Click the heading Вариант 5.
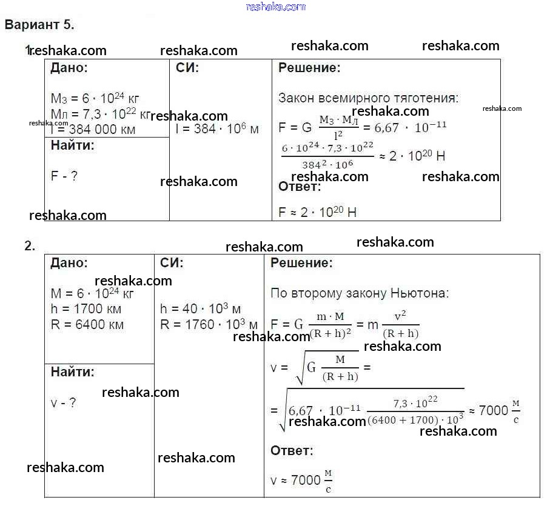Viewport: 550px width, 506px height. pos(39,25)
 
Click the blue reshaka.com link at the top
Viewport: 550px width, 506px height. pos(276,7)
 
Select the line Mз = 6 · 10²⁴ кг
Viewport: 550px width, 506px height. pos(96,99)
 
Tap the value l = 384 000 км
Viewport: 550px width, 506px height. pos(93,129)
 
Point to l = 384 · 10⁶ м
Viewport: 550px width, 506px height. pos(217,129)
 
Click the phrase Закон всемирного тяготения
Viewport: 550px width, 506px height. pos(368,98)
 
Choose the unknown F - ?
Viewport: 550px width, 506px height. pos(64,176)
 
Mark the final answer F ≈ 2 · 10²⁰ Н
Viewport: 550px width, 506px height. pos(317,212)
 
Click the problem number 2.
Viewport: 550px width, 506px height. pos(30,246)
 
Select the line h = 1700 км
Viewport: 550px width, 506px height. pos(86,309)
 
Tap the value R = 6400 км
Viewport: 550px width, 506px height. pos(87,324)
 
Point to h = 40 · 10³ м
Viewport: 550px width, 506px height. pos(201,309)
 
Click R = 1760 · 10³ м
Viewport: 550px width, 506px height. pos(209,324)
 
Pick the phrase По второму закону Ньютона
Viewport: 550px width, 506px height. pos(360,293)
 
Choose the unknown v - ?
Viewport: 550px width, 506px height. pos(64,402)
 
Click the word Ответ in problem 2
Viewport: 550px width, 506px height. pos(292,451)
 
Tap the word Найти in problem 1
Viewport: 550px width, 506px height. pos(73,145)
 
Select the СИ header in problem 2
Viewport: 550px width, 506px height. pos(172,263)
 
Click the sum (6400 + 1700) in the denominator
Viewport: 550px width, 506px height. pos(401,418)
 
